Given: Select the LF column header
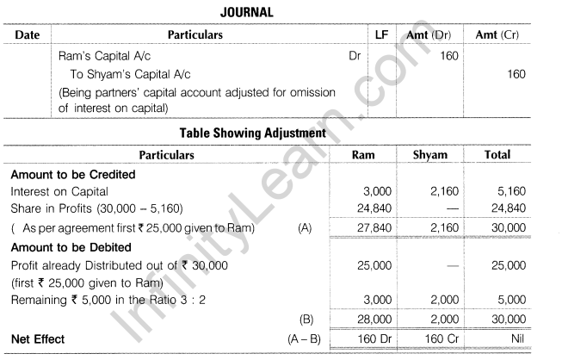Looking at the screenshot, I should [x=382, y=35].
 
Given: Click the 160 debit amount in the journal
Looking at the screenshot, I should [x=448, y=55].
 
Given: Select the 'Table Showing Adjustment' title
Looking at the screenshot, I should [x=251, y=133].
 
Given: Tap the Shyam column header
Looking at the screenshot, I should [x=430, y=155].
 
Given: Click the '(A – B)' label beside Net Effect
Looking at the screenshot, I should [x=303, y=338].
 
